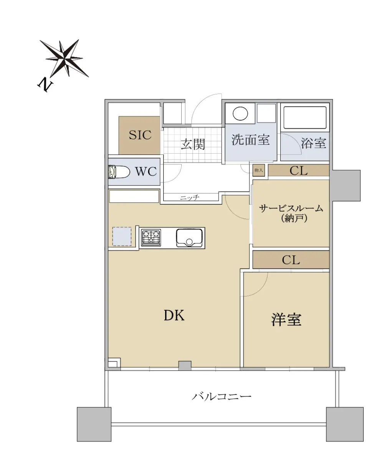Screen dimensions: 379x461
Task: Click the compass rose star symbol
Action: [64, 58]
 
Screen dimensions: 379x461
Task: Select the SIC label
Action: [140, 135]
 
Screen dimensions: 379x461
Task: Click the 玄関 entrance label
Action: [193, 144]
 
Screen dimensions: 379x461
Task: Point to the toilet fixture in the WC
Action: [119, 172]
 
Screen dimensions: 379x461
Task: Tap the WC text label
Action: [146, 172]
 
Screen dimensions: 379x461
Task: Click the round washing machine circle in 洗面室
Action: [240, 113]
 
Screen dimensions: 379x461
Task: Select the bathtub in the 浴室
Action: [305, 118]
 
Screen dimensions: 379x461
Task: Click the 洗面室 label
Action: [251, 139]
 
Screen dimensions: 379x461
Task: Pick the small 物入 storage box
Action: [259, 170]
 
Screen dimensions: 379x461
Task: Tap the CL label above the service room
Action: [299, 171]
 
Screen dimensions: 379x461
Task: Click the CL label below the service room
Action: [291, 260]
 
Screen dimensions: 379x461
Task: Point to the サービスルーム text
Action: [291, 209]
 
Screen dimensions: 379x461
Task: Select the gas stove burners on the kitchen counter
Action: [151, 237]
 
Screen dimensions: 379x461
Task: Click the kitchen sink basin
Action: [189, 237]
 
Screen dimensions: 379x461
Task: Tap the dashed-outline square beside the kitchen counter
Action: [122, 237]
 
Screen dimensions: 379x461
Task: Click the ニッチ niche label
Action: [190, 198]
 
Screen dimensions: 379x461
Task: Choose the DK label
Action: [174, 315]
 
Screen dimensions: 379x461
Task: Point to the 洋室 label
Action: [286, 320]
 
